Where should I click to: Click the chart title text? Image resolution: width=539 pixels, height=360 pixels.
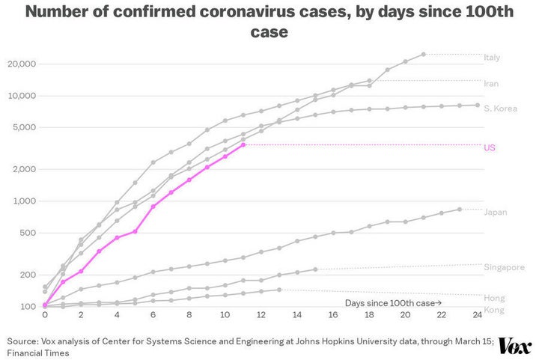pos(269,22)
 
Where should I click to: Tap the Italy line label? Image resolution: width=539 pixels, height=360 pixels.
pos(492,58)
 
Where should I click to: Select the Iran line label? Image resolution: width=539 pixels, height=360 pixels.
pos(491,84)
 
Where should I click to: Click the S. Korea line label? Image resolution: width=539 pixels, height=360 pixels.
pos(500,109)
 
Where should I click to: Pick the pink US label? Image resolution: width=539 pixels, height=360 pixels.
pos(490,147)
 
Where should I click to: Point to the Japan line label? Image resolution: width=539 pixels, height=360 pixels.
pos(496,213)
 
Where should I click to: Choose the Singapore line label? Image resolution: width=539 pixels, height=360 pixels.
pos(504,267)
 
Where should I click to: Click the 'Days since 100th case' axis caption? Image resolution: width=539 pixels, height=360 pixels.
pos(392,302)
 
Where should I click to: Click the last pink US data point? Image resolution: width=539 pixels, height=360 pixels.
pos(243,144)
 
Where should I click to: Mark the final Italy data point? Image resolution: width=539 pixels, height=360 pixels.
pos(424,54)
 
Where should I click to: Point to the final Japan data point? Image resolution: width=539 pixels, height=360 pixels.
pos(460,210)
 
